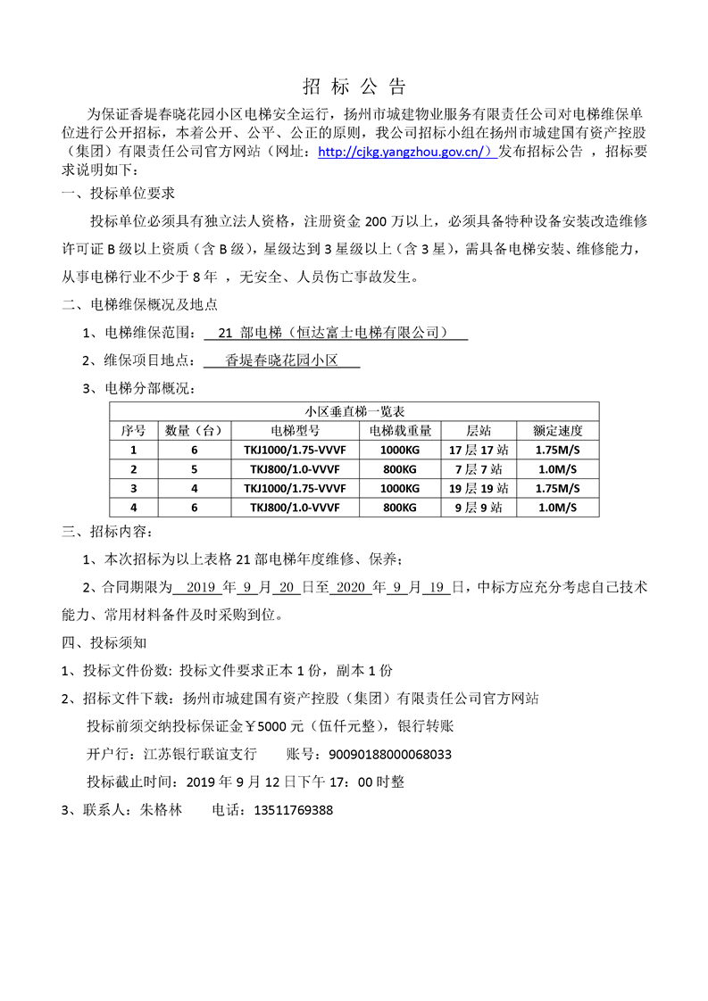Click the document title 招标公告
coord(354,87)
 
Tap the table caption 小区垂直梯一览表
coord(354,411)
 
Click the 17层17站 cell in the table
coord(479,450)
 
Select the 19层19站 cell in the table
coord(479,488)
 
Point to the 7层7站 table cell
coord(479,469)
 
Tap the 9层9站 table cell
coord(479,507)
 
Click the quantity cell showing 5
coord(194,469)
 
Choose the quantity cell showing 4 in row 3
coord(194,488)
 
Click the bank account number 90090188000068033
coord(390,755)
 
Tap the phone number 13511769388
coord(294,811)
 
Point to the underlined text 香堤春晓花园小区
coord(281,360)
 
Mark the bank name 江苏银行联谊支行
coord(198,755)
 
